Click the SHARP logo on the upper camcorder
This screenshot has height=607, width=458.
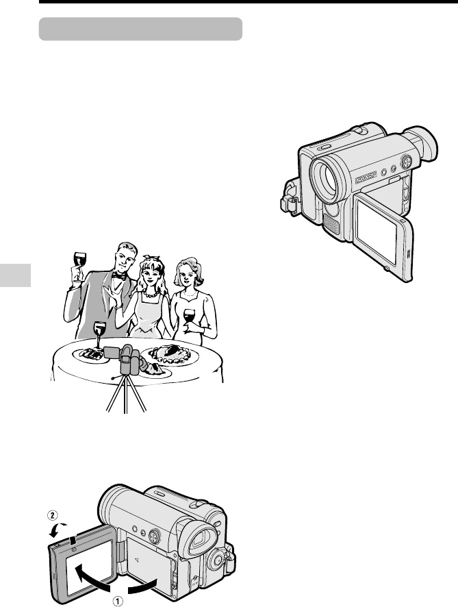[x=366, y=178]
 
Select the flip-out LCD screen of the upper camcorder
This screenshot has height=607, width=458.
[x=383, y=237]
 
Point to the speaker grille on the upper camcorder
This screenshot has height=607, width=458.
[x=331, y=224]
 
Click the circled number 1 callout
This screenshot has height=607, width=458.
[x=118, y=601]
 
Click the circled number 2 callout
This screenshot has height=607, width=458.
[x=52, y=515]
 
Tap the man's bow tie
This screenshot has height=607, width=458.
[x=118, y=276]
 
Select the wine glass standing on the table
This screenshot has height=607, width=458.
[x=99, y=335]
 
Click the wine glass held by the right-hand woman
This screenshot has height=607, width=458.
[x=189, y=319]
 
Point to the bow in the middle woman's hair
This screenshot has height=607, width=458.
[x=151, y=258]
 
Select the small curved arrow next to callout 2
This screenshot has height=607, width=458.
[x=58, y=529]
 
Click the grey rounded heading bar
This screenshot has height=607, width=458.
[x=140, y=29]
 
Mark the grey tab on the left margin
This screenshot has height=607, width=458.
[x=16, y=275]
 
